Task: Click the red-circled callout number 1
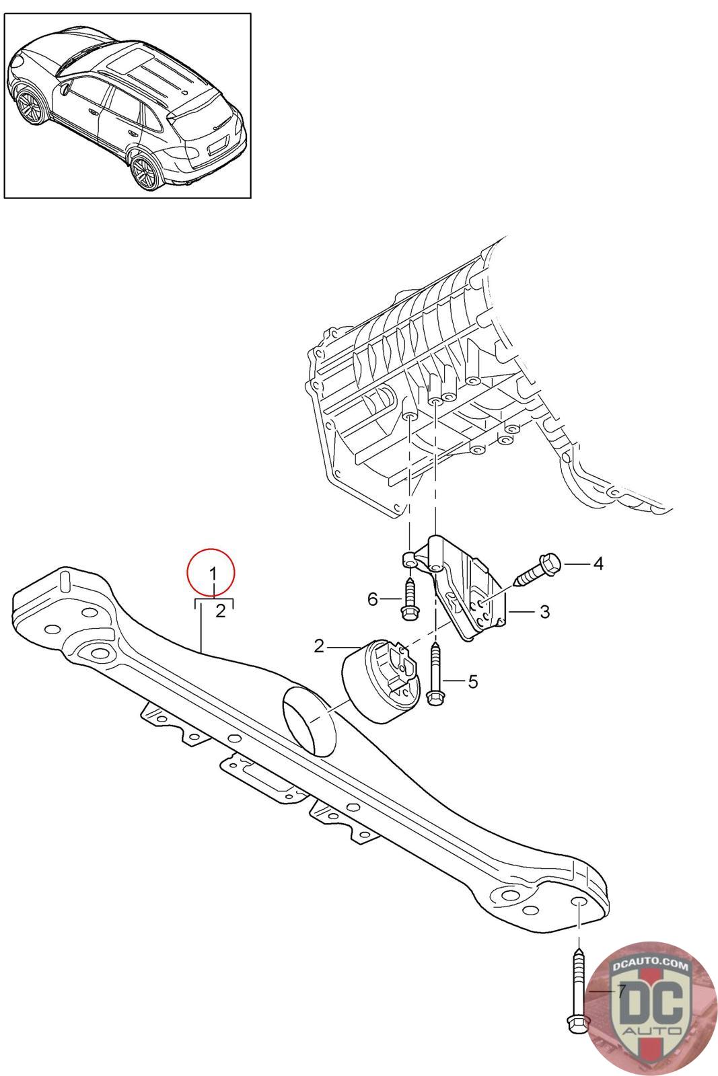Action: click(213, 574)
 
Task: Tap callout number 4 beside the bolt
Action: click(598, 564)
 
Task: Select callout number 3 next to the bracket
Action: click(544, 612)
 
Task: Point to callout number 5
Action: click(472, 682)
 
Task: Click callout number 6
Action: click(373, 599)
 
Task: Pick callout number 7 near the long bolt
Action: click(621, 991)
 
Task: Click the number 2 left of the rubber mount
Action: click(319, 646)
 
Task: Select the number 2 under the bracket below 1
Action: click(219, 611)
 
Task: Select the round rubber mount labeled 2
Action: click(381, 681)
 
